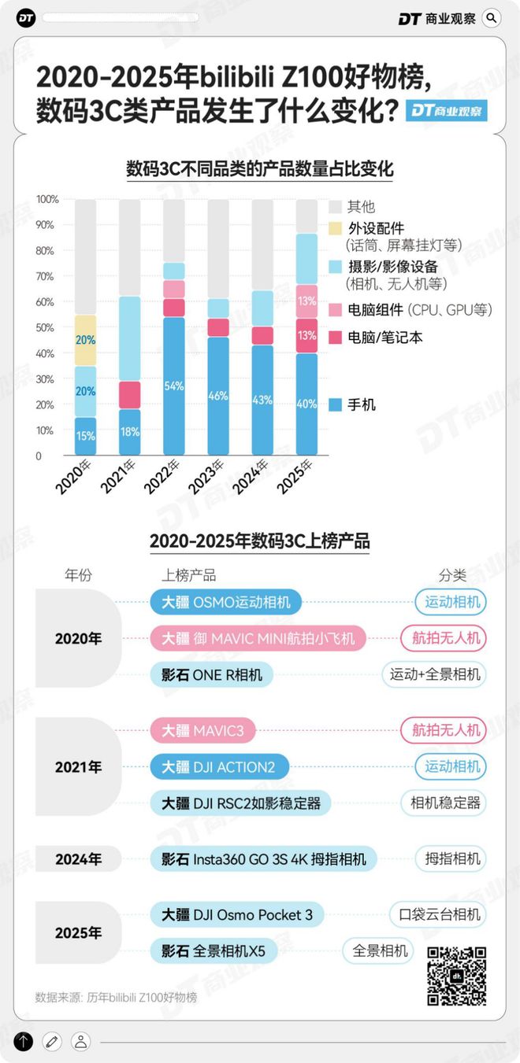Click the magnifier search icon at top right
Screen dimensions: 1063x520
tap(491, 17)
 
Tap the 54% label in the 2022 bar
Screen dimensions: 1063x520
tap(175, 386)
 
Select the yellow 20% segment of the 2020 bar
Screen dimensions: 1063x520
tap(85, 340)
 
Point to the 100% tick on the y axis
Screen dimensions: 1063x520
tap(48, 199)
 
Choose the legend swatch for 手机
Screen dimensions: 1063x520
tap(334, 405)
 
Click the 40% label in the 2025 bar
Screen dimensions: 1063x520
tap(307, 404)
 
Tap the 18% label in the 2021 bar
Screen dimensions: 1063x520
tap(130, 432)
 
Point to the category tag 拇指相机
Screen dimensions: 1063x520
tap(451, 858)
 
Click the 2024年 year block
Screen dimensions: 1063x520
tap(78, 859)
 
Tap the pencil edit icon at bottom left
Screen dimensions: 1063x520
tap(52, 1041)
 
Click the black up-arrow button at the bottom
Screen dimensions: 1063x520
tap(24, 1041)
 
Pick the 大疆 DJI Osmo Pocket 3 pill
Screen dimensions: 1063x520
tap(237, 914)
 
